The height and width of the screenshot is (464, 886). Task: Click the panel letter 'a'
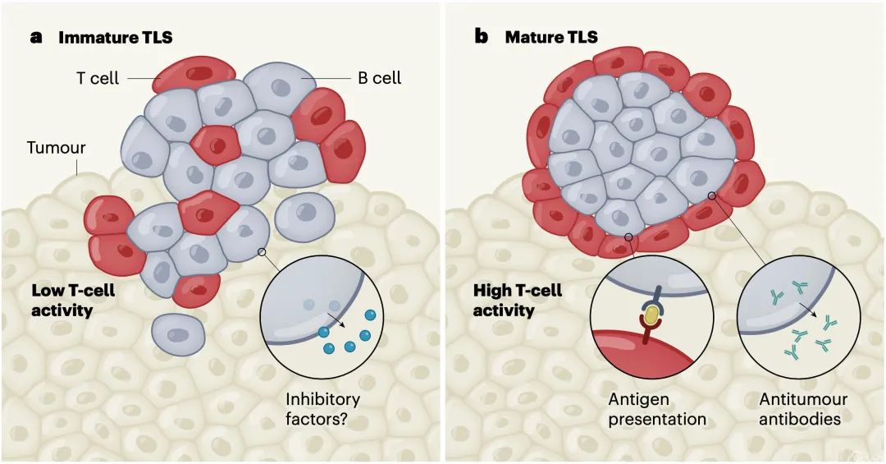tap(36, 37)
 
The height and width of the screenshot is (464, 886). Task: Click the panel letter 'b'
tap(482, 37)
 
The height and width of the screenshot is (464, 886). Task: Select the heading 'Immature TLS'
tap(116, 37)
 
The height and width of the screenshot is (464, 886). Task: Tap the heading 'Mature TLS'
tap(551, 37)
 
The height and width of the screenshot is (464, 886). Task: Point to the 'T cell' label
tap(98, 79)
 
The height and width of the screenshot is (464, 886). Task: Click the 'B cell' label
tap(379, 79)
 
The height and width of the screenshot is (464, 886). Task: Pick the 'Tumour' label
tap(56, 149)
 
